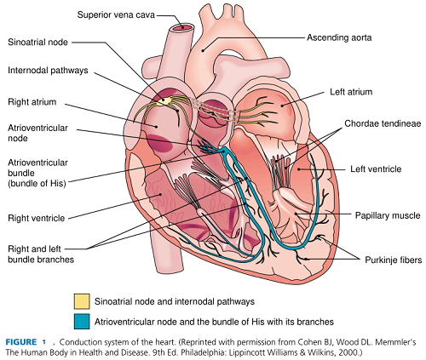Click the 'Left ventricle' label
(376, 169)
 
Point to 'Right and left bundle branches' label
(42, 253)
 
